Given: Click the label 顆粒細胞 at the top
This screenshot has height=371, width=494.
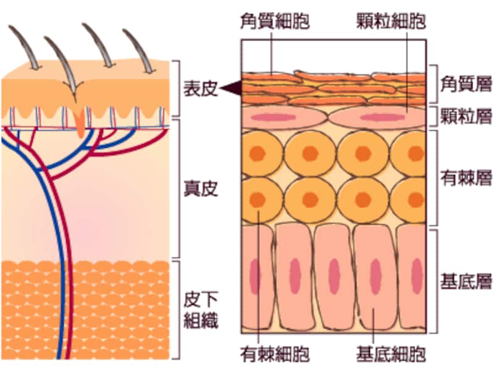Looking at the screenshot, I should tap(390, 22).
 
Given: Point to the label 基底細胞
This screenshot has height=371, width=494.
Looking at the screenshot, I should tap(390, 354).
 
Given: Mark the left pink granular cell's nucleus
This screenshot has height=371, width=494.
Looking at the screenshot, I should tap(282, 117).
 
